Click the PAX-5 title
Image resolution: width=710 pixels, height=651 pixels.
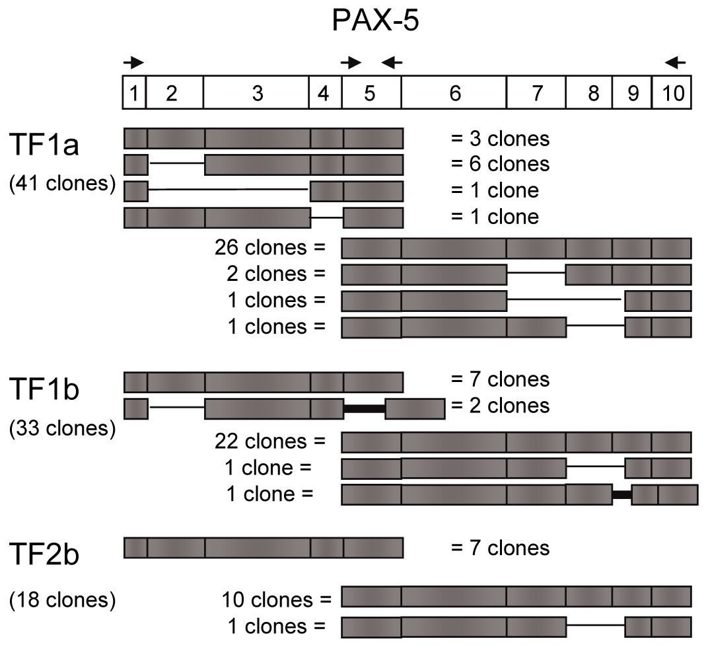point(375,22)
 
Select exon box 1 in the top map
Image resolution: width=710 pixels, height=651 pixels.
point(134,93)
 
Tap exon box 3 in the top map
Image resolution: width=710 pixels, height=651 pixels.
point(257,93)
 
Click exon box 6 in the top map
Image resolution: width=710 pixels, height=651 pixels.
point(454,93)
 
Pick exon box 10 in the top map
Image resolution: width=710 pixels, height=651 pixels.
point(672,93)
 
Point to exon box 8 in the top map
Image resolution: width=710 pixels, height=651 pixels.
point(593,93)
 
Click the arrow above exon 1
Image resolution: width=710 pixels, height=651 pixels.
point(133,63)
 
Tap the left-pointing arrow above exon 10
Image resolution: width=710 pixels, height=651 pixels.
point(676,63)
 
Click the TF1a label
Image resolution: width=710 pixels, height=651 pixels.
point(45,144)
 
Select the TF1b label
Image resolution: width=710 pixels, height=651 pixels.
point(45,390)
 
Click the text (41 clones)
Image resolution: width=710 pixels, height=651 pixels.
point(63,183)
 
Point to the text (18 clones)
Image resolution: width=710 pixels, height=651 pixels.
point(63,600)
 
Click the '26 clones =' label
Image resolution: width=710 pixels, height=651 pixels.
point(270,248)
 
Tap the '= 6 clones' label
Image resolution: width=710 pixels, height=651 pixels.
point(499,164)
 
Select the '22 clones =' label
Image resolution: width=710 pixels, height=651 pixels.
point(270,441)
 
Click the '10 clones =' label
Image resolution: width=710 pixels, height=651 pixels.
point(277,600)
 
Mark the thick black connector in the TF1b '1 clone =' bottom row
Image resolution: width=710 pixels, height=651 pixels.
point(621,494)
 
